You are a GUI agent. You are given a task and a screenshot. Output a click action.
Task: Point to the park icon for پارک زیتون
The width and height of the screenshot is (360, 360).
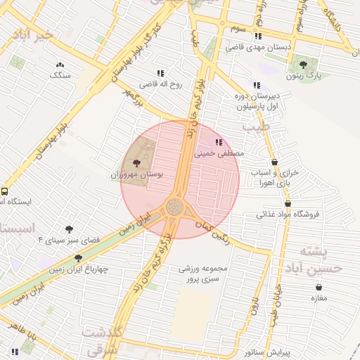pyautogui.click(x=303, y=63)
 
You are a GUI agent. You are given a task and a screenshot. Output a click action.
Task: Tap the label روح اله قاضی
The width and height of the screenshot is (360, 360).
pyautogui.click(x=160, y=84)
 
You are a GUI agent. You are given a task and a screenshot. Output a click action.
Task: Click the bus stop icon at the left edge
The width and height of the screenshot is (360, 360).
pyautogui.click(x=5, y=191)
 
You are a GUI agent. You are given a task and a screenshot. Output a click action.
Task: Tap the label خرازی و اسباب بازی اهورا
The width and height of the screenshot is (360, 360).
pyautogui.click(x=275, y=177)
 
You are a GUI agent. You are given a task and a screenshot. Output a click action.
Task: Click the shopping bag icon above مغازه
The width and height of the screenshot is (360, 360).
pyautogui.click(x=320, y=287)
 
